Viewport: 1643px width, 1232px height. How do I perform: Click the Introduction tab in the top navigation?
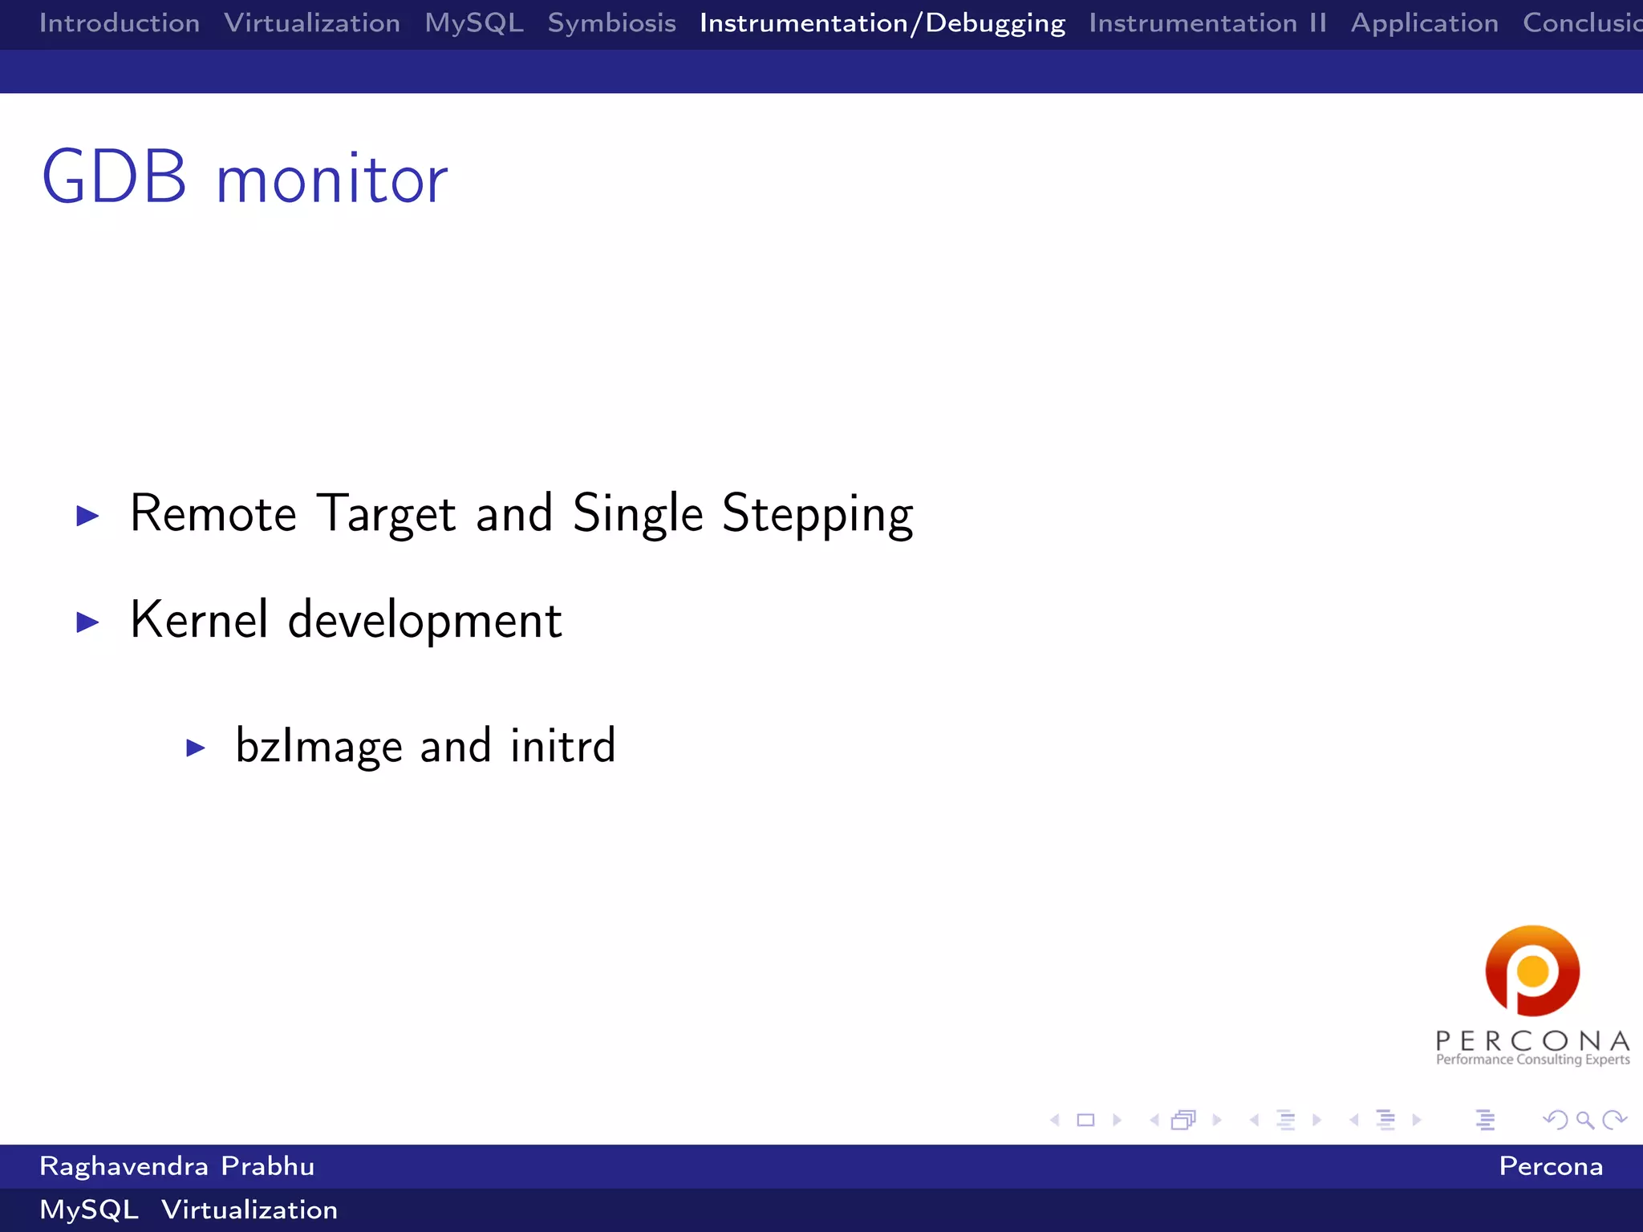[120, 23]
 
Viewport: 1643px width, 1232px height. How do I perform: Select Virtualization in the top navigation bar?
[312, 23]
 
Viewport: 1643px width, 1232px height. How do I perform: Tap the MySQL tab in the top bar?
[473, 23]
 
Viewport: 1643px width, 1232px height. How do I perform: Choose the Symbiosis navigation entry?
[611, 23]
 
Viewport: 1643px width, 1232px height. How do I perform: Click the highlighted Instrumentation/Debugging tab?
[882, 23]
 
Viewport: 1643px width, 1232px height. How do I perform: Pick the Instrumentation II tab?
[1207, 23]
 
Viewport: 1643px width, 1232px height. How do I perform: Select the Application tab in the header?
[1424, 23]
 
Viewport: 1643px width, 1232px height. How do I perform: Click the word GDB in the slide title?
[115, 178]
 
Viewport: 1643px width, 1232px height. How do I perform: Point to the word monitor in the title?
[331, 181]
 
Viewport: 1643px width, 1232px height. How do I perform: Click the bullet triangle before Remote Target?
[87, 516]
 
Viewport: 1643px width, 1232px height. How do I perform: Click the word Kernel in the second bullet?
[199, 620]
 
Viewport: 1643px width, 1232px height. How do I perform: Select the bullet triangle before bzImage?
[196, 748]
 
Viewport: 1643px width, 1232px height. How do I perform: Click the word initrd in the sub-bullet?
[562, 746]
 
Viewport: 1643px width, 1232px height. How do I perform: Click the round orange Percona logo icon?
[1532, 971]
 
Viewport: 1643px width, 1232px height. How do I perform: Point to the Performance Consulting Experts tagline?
[1532, 1060]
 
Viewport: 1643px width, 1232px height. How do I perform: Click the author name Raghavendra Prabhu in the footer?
[176, 1166]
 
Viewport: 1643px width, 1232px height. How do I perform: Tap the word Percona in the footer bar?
[1550, 1166]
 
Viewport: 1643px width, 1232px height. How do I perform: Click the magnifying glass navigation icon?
[1584, 1121]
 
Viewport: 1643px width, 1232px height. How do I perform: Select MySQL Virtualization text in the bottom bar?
[189, 1210]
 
